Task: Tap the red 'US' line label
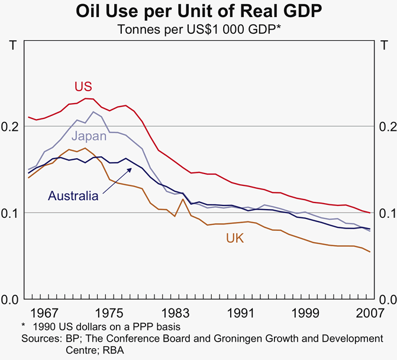(x=83, y=86)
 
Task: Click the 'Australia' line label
(x=73, y=196)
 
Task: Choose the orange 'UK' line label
(x=235, y=238)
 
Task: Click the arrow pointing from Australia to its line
(x=116, y=180)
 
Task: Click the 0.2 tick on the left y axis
(x=12, y=126)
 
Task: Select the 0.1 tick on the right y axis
(x=385, y=213)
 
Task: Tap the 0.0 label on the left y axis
(x=12, y=299)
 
